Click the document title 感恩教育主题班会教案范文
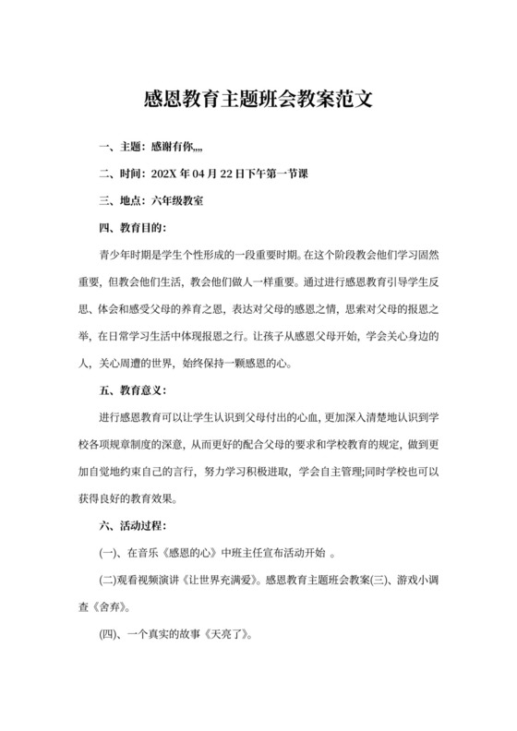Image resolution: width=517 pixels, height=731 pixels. (258, 99)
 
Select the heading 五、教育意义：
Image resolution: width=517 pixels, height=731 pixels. (134, 389)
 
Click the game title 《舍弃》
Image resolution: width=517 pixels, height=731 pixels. (116, 608)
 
